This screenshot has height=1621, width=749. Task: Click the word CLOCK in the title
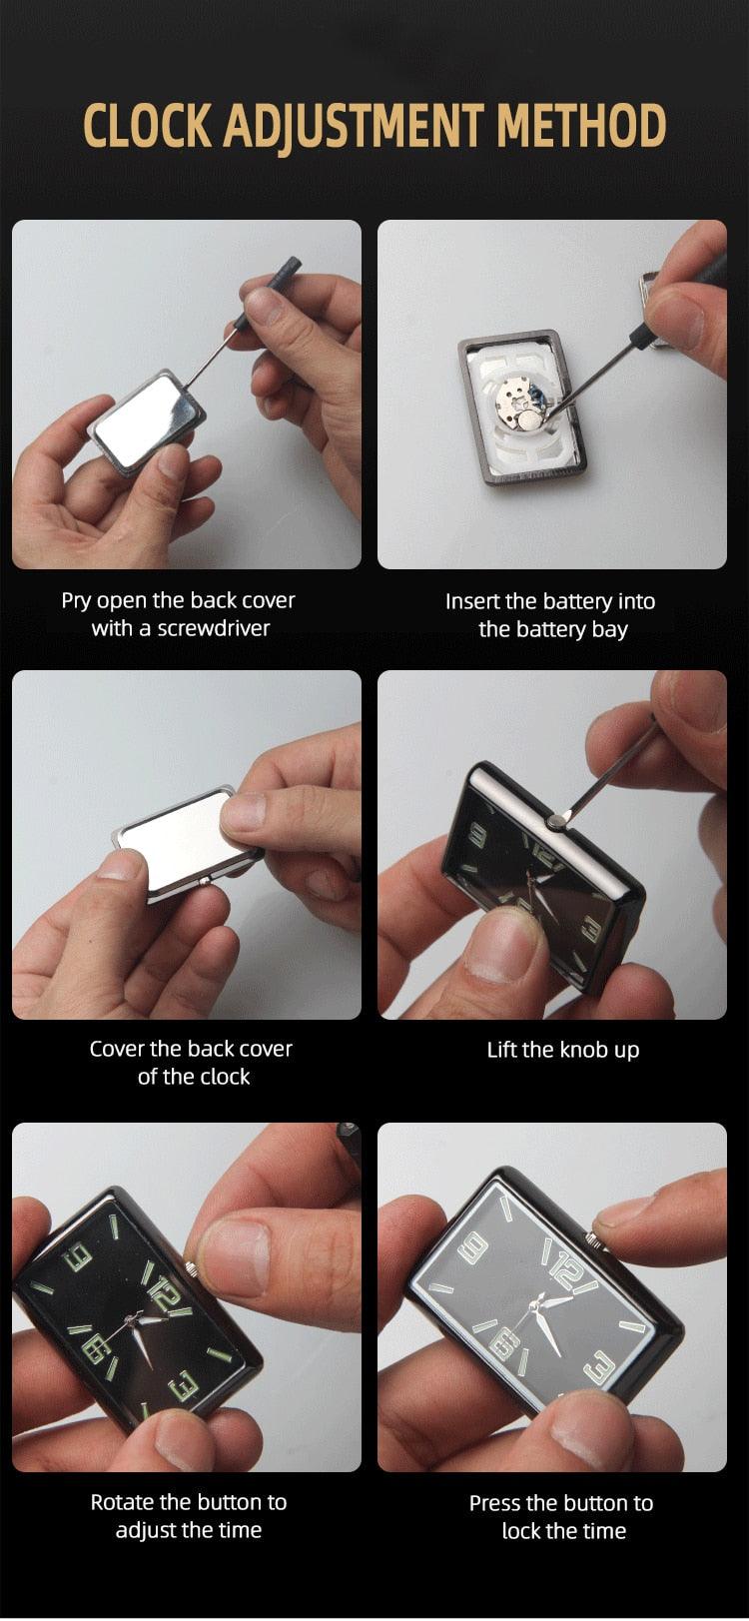149,125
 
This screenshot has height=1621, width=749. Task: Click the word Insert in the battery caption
470,601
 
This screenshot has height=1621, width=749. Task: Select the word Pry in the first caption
76,601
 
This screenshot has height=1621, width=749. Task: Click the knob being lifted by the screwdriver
556,821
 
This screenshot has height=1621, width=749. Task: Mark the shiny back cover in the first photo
147,421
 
